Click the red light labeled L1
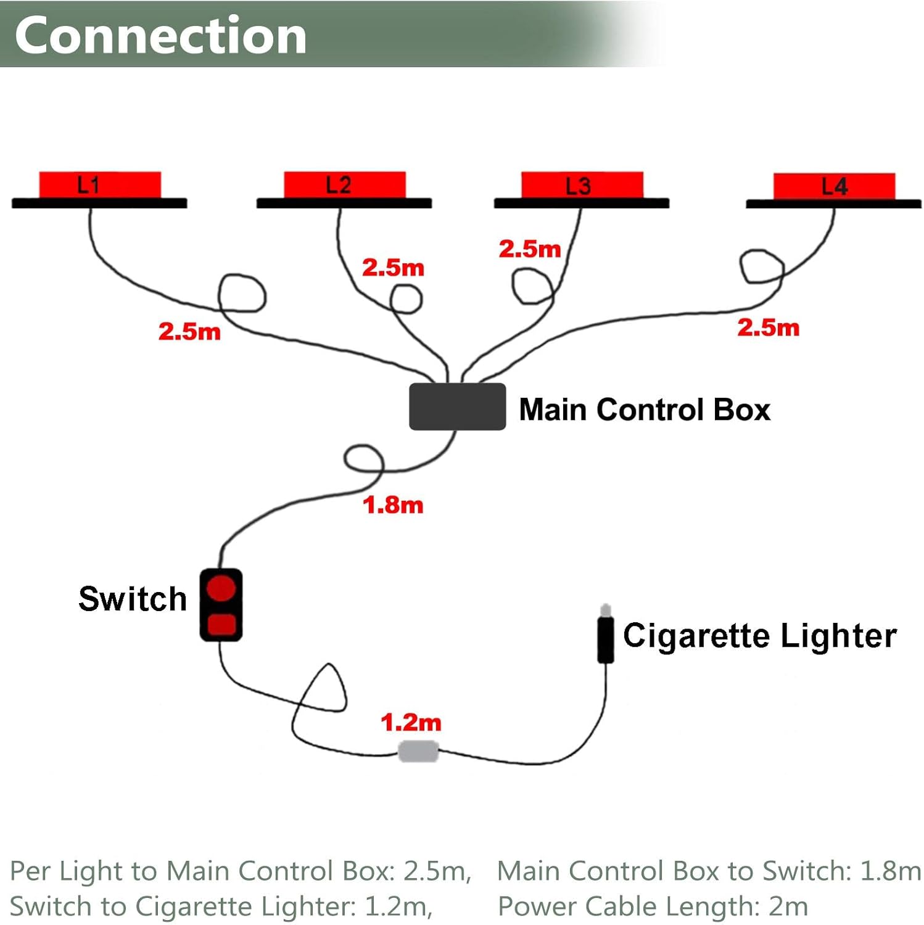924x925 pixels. (100, 185)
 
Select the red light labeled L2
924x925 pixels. (344, 185)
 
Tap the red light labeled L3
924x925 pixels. (582, 185)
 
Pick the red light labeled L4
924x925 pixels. (834, 186)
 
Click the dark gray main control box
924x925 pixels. (457, 407)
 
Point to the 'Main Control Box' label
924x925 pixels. (645, 409)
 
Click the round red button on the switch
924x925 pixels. (221, 588)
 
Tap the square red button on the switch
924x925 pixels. (221, 624)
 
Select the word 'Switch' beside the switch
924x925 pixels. (133, 599)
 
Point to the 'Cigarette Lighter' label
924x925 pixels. (759, 636)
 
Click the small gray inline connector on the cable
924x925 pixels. (418, 752)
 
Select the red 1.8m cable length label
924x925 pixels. (393, 505)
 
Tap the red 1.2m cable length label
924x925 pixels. (411, 722)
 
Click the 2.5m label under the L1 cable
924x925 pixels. (189, 332)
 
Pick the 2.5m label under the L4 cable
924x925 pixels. (768, 327)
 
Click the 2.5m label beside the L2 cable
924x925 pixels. (393, 268)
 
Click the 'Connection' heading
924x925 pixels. (160, 35)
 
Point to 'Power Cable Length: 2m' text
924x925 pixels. (653, 906)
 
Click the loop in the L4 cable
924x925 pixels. (762, 267)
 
